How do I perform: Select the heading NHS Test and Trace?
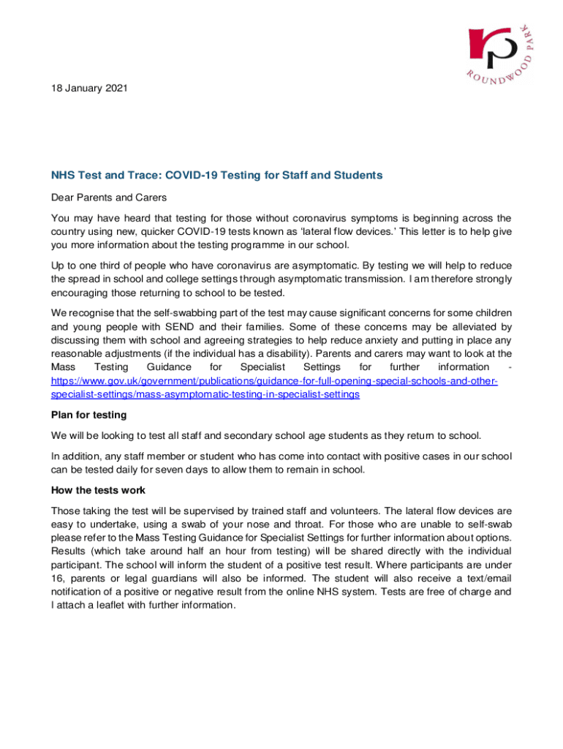(x=216, y=176)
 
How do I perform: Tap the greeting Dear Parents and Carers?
(x=109, y=197)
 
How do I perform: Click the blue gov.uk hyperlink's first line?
(x=274, y=381)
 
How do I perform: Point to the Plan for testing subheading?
(x=88, y=415)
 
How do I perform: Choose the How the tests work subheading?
(x=98, y=489)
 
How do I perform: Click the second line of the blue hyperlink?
(x=205, y=394)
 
